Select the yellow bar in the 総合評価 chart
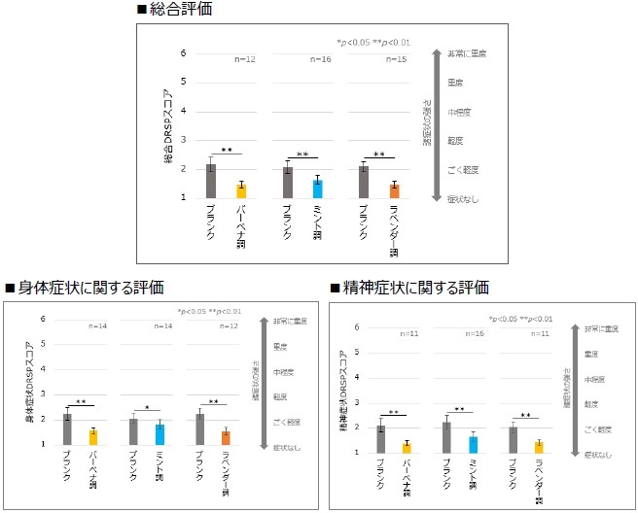point(240,190)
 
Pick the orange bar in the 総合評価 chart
point(394,190)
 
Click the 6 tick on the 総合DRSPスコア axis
point(183,53)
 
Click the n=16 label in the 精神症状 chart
point(472,334)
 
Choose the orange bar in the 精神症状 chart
point(537,446)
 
